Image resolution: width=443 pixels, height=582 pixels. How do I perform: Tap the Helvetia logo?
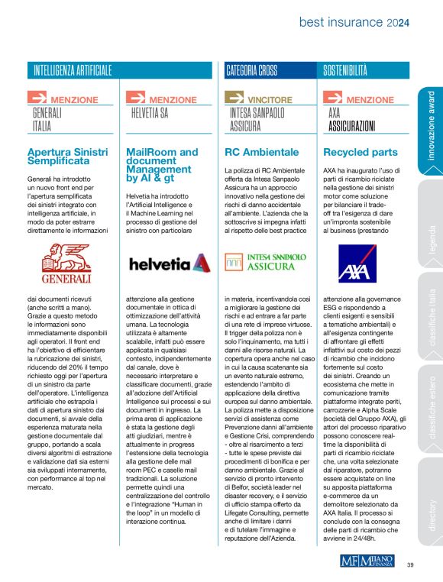point(167,264)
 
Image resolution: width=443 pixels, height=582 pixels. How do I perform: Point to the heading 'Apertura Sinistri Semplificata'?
point(67,157)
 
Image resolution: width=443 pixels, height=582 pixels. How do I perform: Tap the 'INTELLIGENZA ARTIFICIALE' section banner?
point(73,70)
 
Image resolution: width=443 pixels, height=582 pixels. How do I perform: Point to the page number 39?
point(410,564)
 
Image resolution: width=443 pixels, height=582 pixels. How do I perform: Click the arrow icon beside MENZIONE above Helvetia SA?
point(136,98)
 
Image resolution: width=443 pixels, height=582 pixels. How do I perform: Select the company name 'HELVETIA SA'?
point(150,113)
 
